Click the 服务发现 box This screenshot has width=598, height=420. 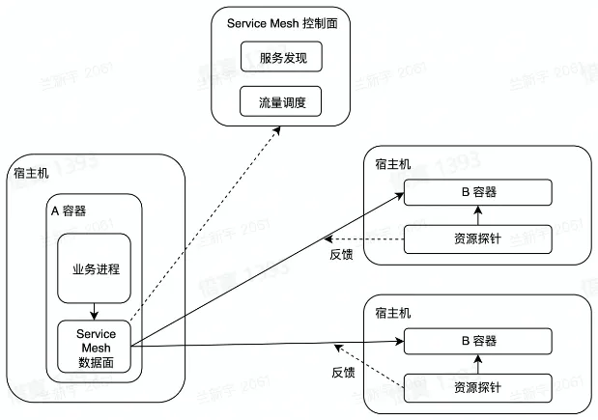tap(280, 57)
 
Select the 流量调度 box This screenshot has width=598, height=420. tap(280, 100)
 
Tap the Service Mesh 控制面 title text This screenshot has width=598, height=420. tap(280, 22)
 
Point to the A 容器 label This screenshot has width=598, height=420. tap(69, 210)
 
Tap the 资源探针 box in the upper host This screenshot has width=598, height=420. tap(478, 238)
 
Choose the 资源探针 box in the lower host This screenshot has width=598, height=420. tap(478, 387)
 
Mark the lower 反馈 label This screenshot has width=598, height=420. tap(344, 371)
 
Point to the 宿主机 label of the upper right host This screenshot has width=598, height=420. tap(392, 164)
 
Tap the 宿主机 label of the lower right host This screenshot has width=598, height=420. tap(392, 313)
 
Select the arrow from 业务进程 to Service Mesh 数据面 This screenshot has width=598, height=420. tap(94, 311)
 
